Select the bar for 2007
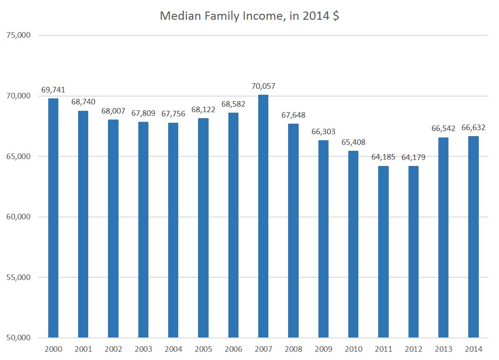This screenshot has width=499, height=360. pyautogui.click(x=263, y=216)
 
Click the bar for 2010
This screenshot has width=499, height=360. pyautogui.click(x=353, y=244)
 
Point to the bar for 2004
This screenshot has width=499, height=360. pyautogui.click(x=173, y=230)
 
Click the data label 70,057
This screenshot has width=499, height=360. pyautogui.click(x=263, y=86)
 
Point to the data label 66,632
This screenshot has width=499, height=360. pyautogui.click(x=473, y=127)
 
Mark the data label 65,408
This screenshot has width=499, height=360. pyautogui.click(x=353, y=142)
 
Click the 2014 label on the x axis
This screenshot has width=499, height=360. pyautogui.click(x=473, y=349)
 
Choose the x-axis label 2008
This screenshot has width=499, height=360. pyautogui.click(x=293, y=349)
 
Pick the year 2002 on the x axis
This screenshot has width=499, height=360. pyautogui.click(x=113, y=349)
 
